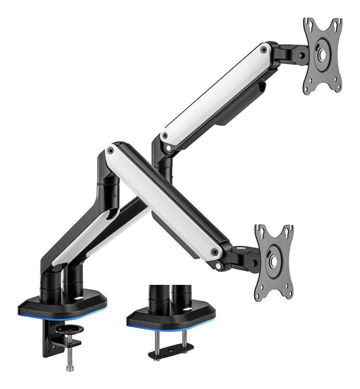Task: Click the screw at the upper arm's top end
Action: click(264, 50)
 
